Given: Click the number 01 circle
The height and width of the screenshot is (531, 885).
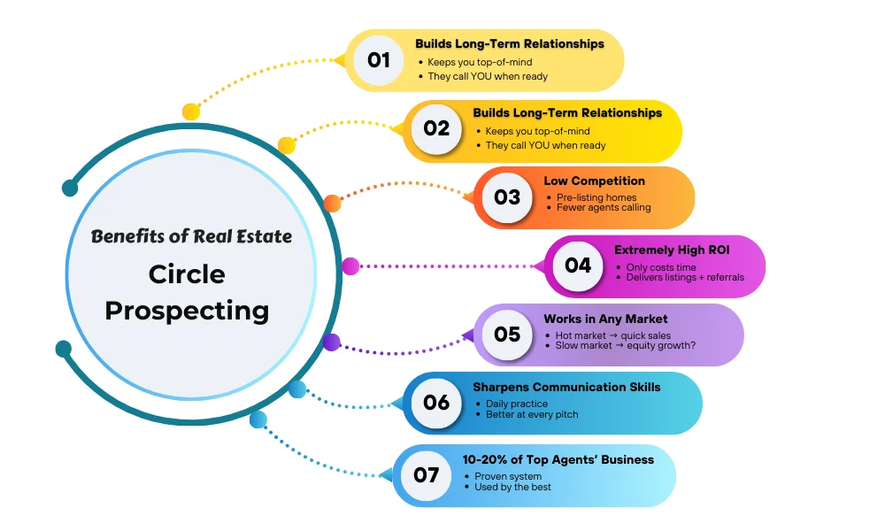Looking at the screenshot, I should click(x=379, y=60).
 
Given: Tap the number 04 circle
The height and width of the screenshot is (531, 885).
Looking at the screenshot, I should click(x=578, y=265).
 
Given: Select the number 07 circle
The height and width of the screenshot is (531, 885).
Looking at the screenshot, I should click(x=426, y=475).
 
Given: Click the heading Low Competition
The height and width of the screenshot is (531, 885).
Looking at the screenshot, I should click(x=594, y=181).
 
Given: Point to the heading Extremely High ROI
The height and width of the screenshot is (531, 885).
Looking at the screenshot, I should click(x=672, y=250).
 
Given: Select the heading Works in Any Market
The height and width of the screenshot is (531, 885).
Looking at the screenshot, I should click(x=605, y=319).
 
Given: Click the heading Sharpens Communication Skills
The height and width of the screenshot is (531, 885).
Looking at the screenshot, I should click(x=566, y=387).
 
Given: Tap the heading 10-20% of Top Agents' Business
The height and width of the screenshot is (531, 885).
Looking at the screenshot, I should click(x=558, y=459).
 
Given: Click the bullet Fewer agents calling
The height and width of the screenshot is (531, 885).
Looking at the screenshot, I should click(x=604, y=208).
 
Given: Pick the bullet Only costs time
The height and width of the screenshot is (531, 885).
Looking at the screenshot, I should click(x=662, y=267).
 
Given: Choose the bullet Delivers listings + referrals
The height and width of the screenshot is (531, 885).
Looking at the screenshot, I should click(x=685, y=278).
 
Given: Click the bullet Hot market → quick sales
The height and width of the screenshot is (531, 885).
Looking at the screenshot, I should click(x=612, y=336).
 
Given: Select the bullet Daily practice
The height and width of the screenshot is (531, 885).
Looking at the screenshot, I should click(x=517, y=404).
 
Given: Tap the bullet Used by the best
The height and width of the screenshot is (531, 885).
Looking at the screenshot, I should click(x=514, y=488).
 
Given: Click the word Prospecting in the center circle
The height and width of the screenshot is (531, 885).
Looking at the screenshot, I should click(x=187, y=311).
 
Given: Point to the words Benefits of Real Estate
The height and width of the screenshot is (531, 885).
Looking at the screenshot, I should click(x=191, y=236).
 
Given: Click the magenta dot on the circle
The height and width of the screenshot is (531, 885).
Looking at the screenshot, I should click(x=350, y=265).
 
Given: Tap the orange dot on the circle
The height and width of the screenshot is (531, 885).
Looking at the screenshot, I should click(x=332, y=203).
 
